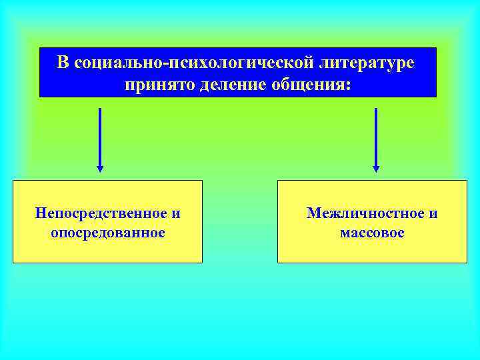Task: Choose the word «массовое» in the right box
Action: pyautogui.click(x=372, y=233)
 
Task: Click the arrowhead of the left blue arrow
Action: pyautogui.click(x=100, y=169)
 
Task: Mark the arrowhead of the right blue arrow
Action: pyautogui.click(x=376, y=169)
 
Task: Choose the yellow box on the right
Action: pyautogui.click(x=372, y=250)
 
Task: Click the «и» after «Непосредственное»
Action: pyautogui.click(x=176, y=213)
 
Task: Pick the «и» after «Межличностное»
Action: pyautogui.click(x=433, y=213)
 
